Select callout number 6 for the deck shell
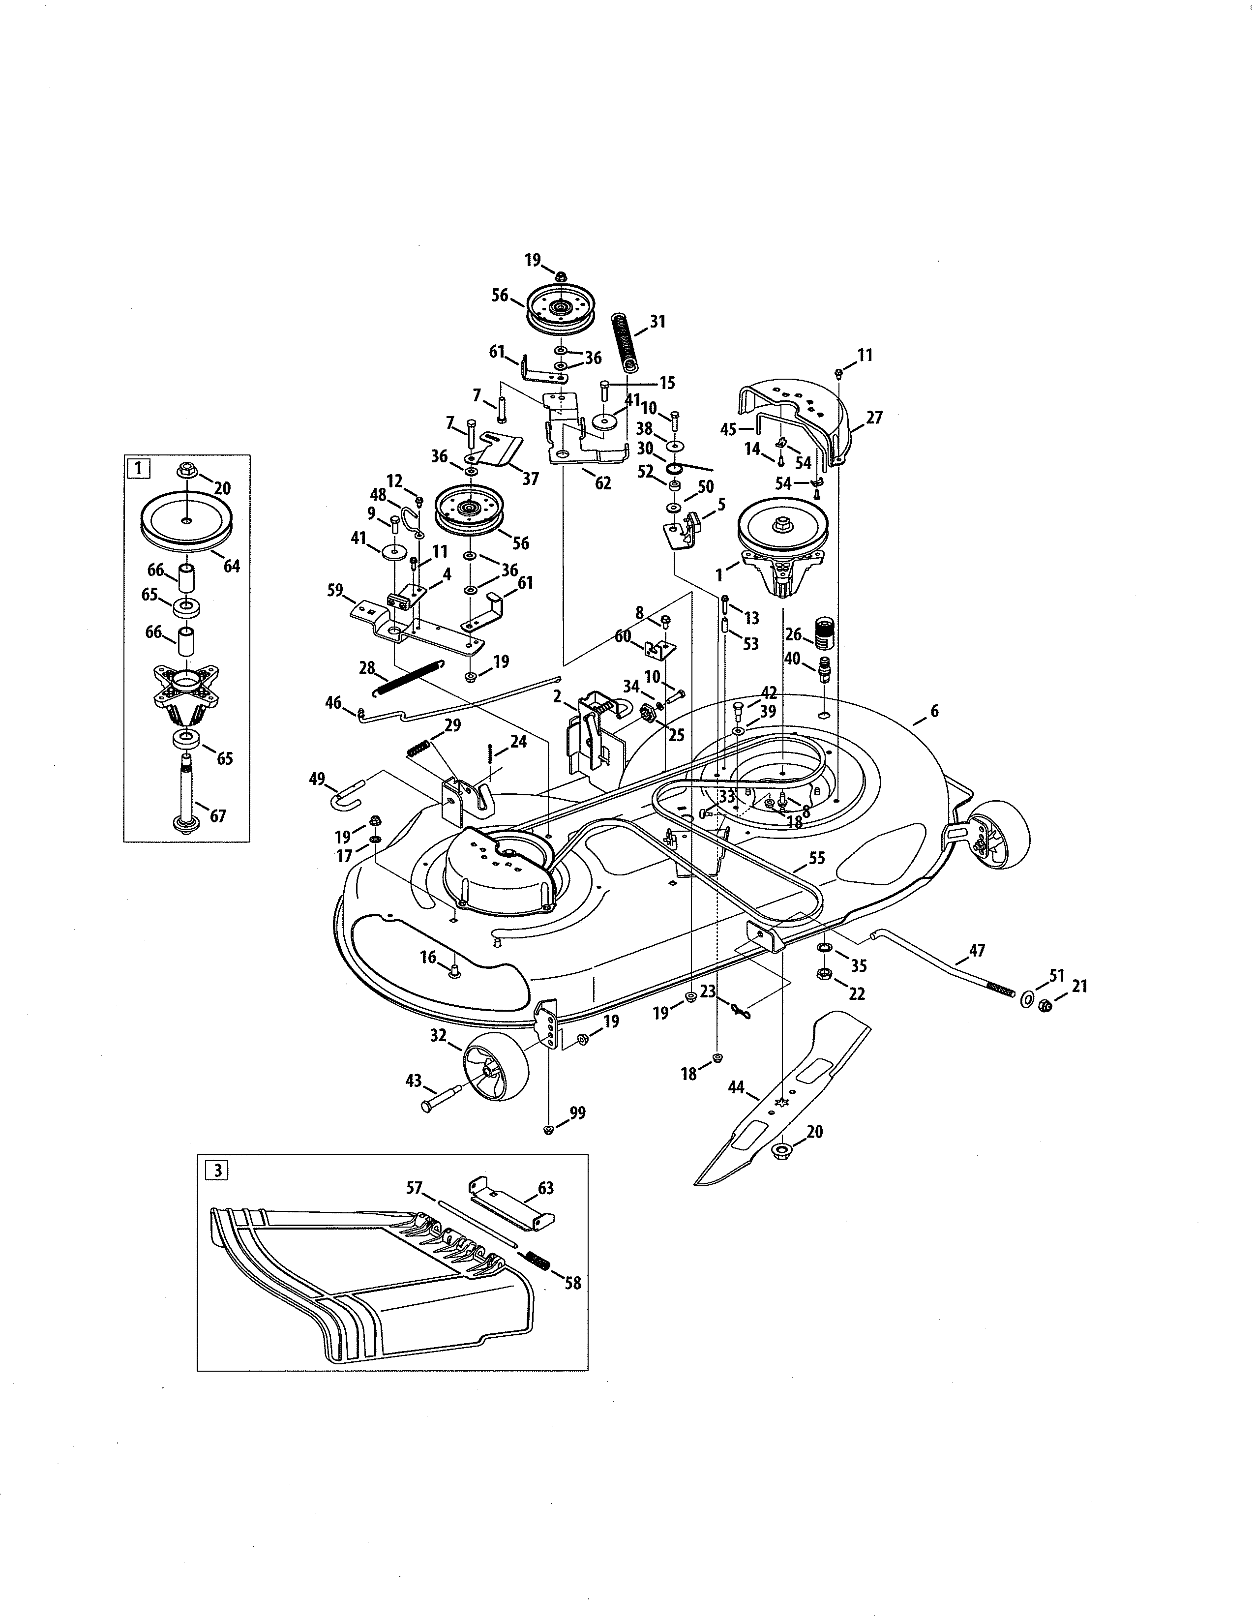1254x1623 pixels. point(934,711)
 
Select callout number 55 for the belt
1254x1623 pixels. point(816,858)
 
